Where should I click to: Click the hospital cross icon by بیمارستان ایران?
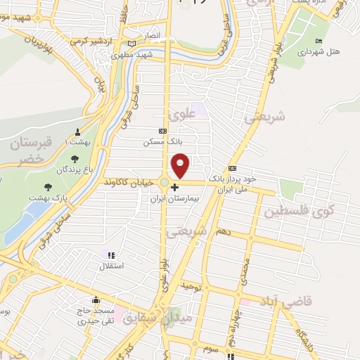(x=175, y=187)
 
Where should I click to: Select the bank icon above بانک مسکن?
(x=163, y=131)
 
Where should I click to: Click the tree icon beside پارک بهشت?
(x=48, y=187)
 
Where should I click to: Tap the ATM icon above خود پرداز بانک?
(x=232, y=169)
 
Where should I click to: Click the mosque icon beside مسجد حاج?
(x=96, y=299)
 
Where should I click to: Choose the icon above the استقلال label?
(x=110, y=255)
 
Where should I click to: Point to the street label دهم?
(x=223, y=231)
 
